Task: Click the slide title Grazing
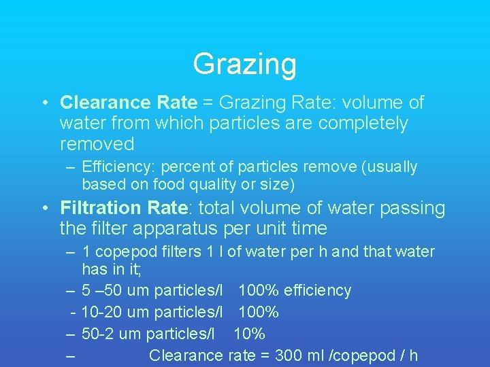(244, 65)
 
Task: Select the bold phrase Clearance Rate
(129, 103)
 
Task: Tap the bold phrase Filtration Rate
(123, 208)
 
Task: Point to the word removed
(97, 144)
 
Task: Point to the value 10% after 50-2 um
(249, 334)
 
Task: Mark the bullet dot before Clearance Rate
(44, 103)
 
